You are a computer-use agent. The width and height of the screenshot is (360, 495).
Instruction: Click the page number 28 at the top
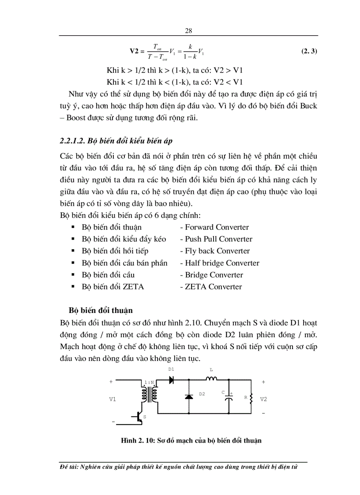[188, 30]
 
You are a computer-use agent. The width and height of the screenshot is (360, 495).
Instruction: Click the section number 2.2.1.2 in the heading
[73, 141]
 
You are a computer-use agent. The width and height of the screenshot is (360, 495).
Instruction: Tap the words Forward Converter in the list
[217, 227]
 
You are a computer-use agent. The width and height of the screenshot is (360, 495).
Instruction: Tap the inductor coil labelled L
[211, 378]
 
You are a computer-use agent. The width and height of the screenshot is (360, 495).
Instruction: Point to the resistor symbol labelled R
[251, 398]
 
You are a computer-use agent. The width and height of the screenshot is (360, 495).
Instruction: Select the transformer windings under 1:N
[150, 394]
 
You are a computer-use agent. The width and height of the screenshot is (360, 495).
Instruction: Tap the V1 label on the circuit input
[112, 399]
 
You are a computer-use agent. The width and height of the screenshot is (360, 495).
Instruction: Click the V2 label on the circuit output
[263, 399]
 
